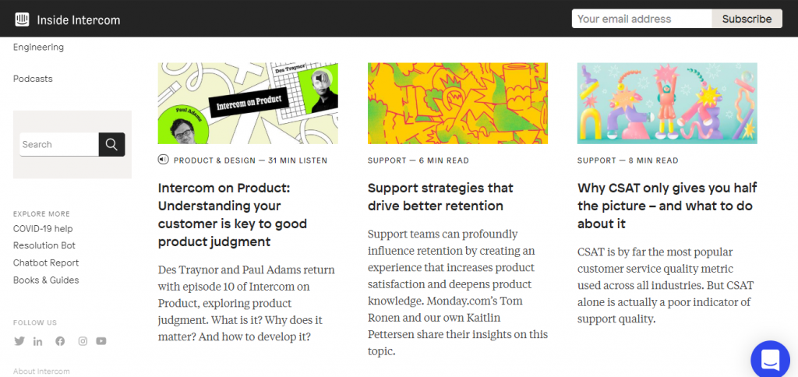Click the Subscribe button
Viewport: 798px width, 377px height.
point(747,19)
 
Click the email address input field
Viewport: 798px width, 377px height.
point(642,19)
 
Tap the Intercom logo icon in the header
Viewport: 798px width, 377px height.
point(22,19)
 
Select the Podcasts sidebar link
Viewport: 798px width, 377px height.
point(33,79)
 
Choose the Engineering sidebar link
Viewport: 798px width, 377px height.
point(39,48)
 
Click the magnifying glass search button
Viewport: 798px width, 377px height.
point(111,145)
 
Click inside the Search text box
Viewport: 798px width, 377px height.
point(59,145)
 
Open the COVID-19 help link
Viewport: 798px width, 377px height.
point(44,228)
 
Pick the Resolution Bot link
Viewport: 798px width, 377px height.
point(44,245)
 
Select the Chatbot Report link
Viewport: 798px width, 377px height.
point(46,262)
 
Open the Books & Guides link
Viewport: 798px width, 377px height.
point(46,280)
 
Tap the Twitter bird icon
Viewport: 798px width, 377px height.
point(19,341)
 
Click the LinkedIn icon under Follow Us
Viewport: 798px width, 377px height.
point(37,341)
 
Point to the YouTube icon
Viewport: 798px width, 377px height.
point(101,341)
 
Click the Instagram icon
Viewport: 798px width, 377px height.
point(83,341)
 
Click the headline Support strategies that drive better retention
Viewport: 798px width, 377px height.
point(441,197)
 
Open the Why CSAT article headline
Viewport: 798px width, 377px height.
point(667,206)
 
